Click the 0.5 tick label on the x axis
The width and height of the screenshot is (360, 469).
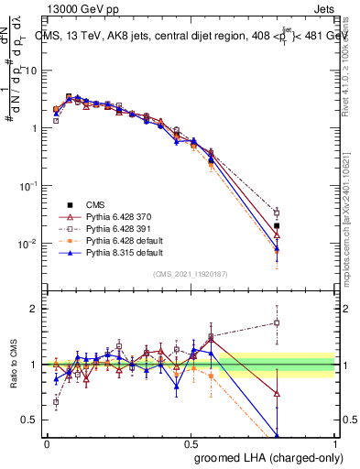[x=191, y=442]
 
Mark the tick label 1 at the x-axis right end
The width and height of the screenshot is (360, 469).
[x=335, y=442]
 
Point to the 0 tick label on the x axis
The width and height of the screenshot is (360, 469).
[x=47, y=442]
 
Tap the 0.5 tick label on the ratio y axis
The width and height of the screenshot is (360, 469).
[x=33, y=420]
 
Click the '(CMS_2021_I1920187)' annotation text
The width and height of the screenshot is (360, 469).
[x=191, y=274]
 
